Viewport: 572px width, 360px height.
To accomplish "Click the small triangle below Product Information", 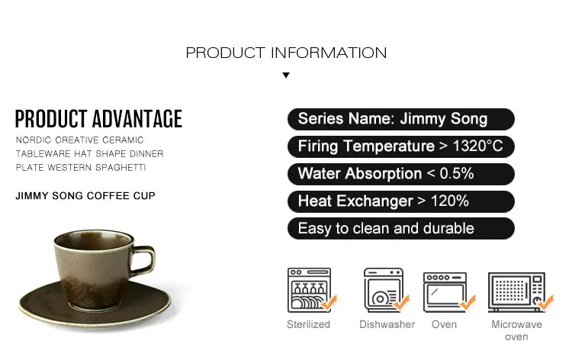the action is point(286,76).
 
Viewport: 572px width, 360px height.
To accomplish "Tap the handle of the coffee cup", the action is point(146,259).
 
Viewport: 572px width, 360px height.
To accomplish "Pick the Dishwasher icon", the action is point(386,291).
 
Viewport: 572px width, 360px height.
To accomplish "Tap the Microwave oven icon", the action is point(520,292).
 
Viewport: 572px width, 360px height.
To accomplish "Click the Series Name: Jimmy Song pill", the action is point(401,119).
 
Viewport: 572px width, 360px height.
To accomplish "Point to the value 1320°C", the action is point(477,146).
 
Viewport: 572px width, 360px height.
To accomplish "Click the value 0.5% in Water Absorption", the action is point(457,174).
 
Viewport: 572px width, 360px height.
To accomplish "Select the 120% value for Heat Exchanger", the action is point(450,201).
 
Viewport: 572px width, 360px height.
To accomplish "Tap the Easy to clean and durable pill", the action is point(401,229).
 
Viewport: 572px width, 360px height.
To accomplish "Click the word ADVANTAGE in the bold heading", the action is point(137,119).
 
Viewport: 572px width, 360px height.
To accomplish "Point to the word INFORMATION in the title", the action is point(329,53).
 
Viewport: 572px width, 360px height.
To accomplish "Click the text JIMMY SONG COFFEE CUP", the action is point(85,196).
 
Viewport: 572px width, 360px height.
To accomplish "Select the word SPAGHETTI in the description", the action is point(121,168).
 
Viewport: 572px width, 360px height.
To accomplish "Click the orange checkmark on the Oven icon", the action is point(468,302).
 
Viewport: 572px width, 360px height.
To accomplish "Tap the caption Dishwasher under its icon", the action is point(387,324).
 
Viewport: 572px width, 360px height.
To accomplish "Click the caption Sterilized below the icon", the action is point(308,324).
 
